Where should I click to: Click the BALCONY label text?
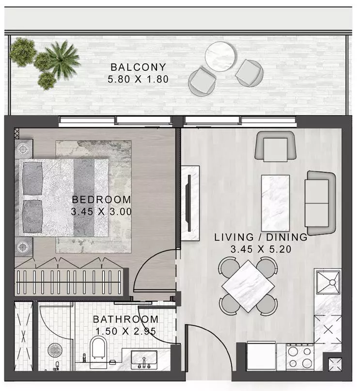tap(138, 67)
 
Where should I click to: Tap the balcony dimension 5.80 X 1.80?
tap(138, 79)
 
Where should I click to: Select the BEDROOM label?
tap(101, 199)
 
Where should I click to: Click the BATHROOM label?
tap(125, 319)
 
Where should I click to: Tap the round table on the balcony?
tap(220, 57)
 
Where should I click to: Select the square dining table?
tap(248, 285)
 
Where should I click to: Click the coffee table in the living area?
tap(275, 203)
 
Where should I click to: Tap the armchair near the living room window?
tap(276, 146)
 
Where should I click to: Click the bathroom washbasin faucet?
tap(144, 362)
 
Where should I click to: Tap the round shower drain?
tap(54, 350)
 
